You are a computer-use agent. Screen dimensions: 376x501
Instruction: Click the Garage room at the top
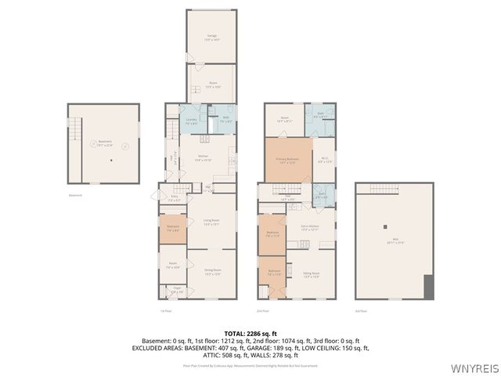pyautogui.click(x=211, y=36)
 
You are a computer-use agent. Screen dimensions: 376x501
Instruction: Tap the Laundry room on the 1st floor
pyautogui.click(x=191, y=121)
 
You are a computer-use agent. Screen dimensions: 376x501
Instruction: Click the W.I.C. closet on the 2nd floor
pyautogui.click(x=325, y=161)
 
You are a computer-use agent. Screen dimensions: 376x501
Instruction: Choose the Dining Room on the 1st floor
pyautogui.click(x=212, y=273)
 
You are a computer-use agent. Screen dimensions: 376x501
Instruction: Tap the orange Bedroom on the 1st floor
pyautogui.click(x=173, y=229)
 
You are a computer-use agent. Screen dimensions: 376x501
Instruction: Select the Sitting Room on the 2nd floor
pyautogui.click(x=312, y=274)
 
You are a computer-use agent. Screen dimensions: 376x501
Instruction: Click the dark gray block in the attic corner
pyautogui.click(x=428, y=287)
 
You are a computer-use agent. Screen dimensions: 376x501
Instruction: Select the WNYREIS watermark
pyautogui.click(x=474, y=366)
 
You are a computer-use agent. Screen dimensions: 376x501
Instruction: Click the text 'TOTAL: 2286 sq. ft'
pyautogui.click(x=250, y=333)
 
